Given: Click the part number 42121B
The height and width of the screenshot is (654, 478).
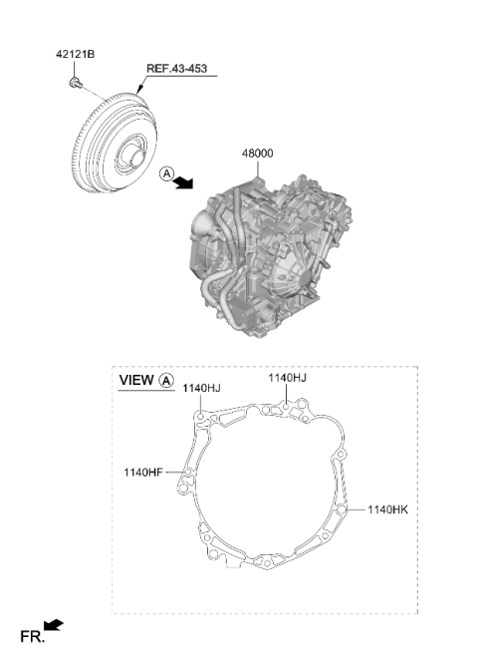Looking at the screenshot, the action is click(75, 54).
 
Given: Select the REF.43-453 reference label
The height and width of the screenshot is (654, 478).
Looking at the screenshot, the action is click(176, 69).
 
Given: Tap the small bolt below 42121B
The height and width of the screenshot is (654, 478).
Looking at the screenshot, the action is click(75, 83).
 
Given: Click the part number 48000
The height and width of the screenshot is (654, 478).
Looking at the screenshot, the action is click(258, 154).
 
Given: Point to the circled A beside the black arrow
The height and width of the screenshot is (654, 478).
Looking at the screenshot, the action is click(166, 173).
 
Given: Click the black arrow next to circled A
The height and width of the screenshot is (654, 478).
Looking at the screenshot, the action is click(184, 182).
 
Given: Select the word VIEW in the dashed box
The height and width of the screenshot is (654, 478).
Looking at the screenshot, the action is click(136, 380).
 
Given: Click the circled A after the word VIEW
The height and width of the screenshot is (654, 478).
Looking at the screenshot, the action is click(166, 381).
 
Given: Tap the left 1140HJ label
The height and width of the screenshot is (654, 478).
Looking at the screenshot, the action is click(201, 389).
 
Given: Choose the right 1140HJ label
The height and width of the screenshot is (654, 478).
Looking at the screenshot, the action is click(287, 378).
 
